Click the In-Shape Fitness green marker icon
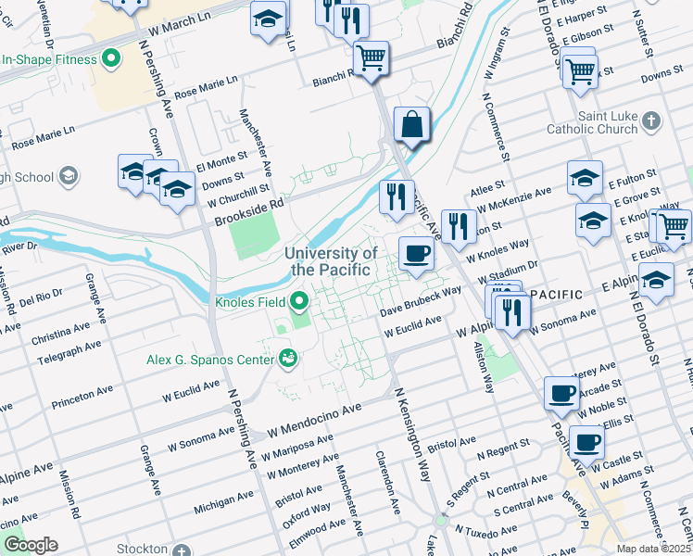[x=112, y=60]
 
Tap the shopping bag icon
[x=410, y=124]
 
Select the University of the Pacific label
[x=331, y=261]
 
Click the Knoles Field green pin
[x=298, y=300]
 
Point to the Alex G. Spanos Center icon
[x=287, y=358]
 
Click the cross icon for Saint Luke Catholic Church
[x=651, y=121]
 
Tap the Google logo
[x=31, y=545]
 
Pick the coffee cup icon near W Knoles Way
[x=416, y=253]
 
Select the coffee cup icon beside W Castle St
[x=586, y=442]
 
